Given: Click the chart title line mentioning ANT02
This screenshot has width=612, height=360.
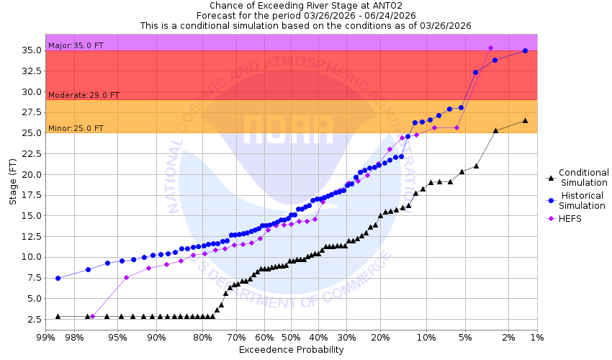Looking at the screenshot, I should click(x=305, y=5).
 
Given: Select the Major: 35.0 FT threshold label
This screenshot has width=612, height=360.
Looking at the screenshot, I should click(x=76, y=45).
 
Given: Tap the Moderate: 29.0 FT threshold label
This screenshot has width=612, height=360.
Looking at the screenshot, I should click(x=84, y=95).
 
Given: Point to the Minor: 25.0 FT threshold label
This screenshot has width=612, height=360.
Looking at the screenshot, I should click(x=76, y=128).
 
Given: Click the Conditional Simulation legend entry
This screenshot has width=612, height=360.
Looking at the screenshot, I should click(x=583, y=177).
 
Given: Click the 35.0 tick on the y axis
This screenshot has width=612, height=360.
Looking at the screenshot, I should click(x=30, y=50).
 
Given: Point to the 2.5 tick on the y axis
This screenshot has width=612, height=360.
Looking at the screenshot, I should click(x=32, y=319).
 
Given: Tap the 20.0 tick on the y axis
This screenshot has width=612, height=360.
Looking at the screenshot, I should click(x=30, y=174).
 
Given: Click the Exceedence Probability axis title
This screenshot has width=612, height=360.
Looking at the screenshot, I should click(x=291, y=350).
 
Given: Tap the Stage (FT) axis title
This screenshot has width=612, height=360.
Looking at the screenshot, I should click(x=13, y=184).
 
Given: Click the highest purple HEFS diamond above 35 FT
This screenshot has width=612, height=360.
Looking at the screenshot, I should click(x=490, y=48).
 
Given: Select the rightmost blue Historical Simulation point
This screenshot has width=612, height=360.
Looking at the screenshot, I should click(x=525, y=50).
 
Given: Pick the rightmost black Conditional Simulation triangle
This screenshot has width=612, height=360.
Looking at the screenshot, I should click(x=525, y=120).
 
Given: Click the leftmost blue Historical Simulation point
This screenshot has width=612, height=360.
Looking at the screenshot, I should click(x=58, y=278).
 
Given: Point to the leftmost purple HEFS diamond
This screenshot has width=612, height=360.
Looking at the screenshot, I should click(x=92, y=316).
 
